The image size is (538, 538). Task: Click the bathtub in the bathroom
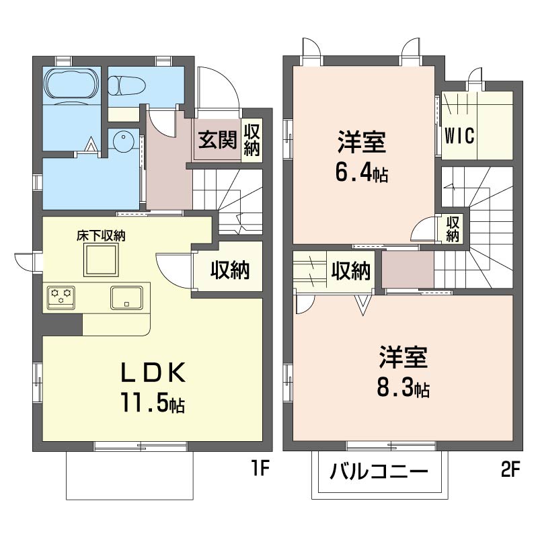tap(71, 85)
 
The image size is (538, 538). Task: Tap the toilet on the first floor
tap(124, 85)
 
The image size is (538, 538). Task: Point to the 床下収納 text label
tap(101, 235)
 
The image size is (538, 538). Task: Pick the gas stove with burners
tap(61, 296)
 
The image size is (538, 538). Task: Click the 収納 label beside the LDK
tap(230, 270)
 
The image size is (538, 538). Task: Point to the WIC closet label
tap(459, 134)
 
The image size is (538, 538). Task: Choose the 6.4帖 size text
tap(361, 174)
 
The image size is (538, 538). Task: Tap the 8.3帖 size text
tap(403, 388)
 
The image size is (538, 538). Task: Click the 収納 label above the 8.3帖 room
tap(351, 270)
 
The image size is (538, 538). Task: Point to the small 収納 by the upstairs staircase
tap(453, 229)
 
